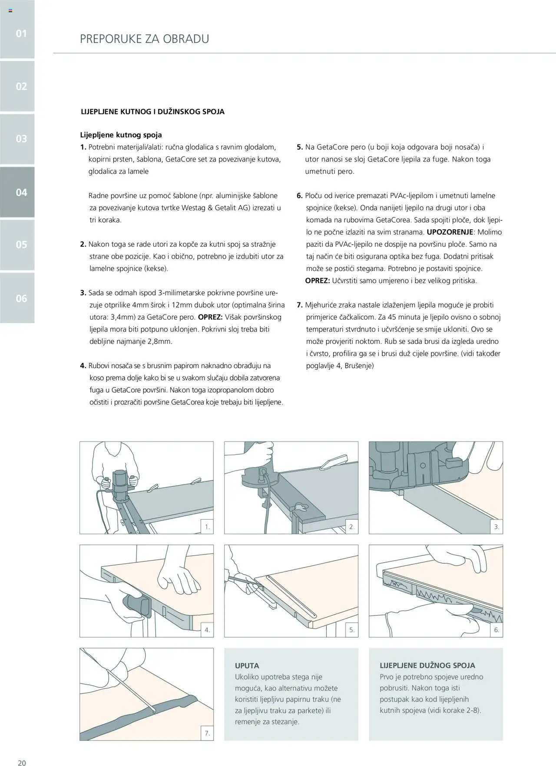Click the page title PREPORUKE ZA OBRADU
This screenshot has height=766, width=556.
point(144,39)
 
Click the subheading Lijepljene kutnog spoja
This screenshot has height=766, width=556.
point(121,135)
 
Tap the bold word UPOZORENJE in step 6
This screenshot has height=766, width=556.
point(450,232)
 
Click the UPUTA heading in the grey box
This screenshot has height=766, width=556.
point(247,665)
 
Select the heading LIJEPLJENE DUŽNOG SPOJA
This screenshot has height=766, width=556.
point(427,665)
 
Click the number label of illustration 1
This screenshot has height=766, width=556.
point(207,527)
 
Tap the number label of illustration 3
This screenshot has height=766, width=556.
point(496,527)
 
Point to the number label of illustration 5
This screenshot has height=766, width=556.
point(352,630)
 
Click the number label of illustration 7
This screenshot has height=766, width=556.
point(207,733)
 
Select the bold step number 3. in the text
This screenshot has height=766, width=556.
point(83,293)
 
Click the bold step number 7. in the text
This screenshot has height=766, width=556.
point(300,305)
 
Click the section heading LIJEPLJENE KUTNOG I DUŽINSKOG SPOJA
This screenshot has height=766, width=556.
point(152,112)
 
